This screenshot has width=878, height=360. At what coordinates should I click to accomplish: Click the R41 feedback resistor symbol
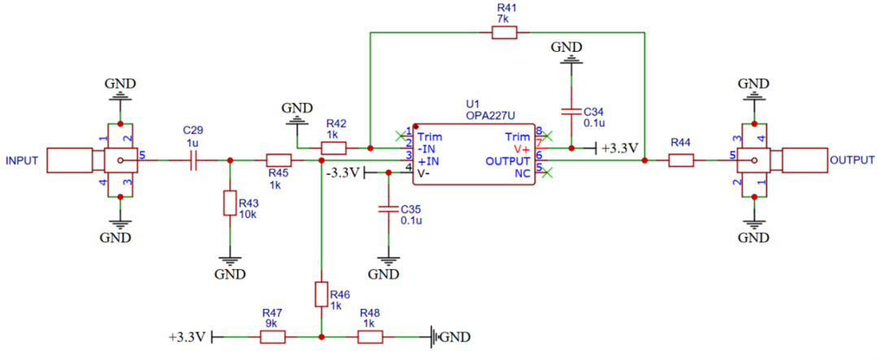[x=504, y=33]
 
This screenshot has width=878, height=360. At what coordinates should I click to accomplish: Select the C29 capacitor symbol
[x=193, y=161]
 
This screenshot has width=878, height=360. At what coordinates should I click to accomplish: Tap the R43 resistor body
[x=229, y=203]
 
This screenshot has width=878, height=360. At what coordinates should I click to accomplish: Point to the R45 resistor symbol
[x=279, y=161]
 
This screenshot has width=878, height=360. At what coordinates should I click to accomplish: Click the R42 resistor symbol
[x=333, y=148]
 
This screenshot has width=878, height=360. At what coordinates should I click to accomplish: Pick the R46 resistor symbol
[x=322, y=294]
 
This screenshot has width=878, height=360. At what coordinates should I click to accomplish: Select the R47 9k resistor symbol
[x=272, y=336]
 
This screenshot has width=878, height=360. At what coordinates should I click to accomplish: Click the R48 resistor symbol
[x=371, y=336]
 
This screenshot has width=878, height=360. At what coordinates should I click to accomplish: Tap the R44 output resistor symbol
[x=681, y=161]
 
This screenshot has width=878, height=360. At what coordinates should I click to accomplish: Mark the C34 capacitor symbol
[x=571, y=111]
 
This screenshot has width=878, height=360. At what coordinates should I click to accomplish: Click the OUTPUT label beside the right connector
[x=852, y=160]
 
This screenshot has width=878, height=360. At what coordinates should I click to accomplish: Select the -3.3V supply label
[x=342, y=173]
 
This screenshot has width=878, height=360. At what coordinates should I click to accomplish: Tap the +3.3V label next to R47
[x=188, y=336]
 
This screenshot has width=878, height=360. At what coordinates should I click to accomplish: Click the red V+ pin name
[x=520, y=149]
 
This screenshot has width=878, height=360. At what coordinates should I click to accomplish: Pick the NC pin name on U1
[x=522, y=173]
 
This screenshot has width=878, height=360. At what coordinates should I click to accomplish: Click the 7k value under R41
[x=502, y=17]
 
